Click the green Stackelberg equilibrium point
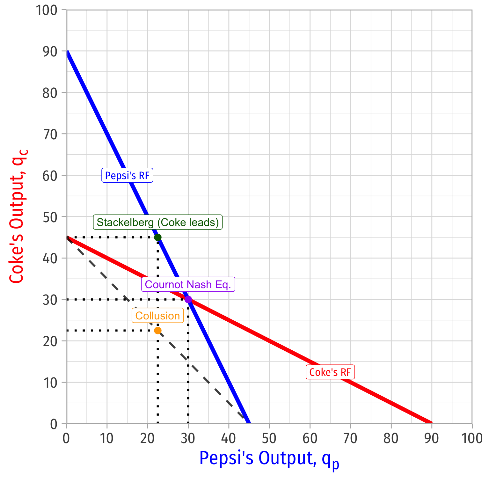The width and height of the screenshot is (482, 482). point(158,237)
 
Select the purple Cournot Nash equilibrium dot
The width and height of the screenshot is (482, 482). point(188,299)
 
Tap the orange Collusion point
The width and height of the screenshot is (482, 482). point(158,330)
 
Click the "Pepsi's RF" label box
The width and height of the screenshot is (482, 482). point(127,175)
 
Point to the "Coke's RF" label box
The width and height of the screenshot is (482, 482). point(330,372)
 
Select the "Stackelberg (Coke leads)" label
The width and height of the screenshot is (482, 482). point(158,222)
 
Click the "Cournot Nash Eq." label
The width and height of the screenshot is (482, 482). point(188,284)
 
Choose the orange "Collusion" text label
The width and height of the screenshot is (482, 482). point(158,316)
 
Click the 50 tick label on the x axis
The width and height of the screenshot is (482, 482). point(269,439)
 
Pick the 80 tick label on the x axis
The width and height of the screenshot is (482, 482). point(391,439)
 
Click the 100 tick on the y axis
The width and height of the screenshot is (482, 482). point(46,10)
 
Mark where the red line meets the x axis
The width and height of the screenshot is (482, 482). point(431,423)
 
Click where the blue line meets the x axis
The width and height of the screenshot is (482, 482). point(249,423)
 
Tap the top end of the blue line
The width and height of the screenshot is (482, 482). point(67,51)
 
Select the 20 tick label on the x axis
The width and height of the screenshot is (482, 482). point(147,439)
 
